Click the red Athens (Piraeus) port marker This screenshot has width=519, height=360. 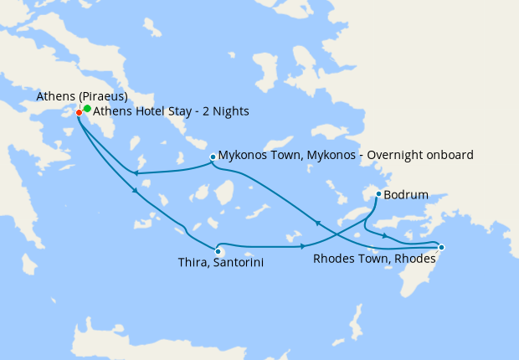point(79,112)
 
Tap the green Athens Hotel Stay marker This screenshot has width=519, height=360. point(87,109)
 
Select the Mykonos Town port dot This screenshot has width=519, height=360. point(213,156)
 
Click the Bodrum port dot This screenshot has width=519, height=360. point(378,194)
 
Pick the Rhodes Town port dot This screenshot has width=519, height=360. point(441,247)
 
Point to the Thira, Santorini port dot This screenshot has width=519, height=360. point(218,250)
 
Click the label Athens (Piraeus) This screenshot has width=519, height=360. point(82,97)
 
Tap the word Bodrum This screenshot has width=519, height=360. point(406,195)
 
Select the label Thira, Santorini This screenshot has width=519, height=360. point(216,263)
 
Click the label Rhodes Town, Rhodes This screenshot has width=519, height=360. point(374,259)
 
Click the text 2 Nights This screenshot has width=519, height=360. point(226,111)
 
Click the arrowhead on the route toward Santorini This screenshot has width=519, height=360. point(135,193)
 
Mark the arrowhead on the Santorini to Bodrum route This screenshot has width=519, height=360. point(302,246)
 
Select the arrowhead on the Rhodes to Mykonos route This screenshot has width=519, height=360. point(316,222)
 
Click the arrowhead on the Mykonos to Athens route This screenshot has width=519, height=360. point(135,173)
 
